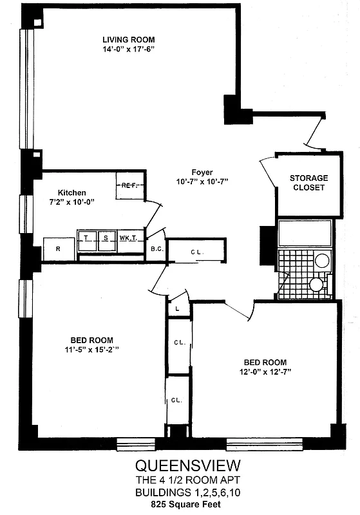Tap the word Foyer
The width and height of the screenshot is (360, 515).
coord(202,172)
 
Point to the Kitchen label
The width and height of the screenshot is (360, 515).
coord(71,192)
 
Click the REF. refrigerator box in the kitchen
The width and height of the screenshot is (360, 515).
coord(129,185)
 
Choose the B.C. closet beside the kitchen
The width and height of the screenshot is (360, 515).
coord(155,249)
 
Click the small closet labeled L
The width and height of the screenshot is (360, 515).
coord(178,308)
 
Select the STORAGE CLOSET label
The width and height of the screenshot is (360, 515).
coord(308,183)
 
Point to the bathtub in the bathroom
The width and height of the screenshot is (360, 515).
coord(305,233)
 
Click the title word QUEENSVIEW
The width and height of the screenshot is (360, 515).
coord(180,465)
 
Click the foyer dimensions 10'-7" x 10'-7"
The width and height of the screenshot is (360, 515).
coord(202,182)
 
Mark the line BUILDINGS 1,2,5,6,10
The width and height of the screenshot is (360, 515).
coord(180,494)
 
